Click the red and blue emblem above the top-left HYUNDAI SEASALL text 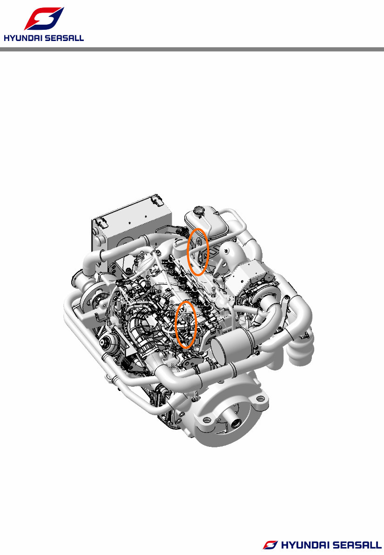click(x=44, y=19)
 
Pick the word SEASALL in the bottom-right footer click(x=355, y=545)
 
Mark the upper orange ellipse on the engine click(x=197, y=252)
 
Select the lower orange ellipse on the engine click(x=187, y=324)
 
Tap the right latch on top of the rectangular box click(x=158, y=203)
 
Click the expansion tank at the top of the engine click(x=207, y=221)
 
